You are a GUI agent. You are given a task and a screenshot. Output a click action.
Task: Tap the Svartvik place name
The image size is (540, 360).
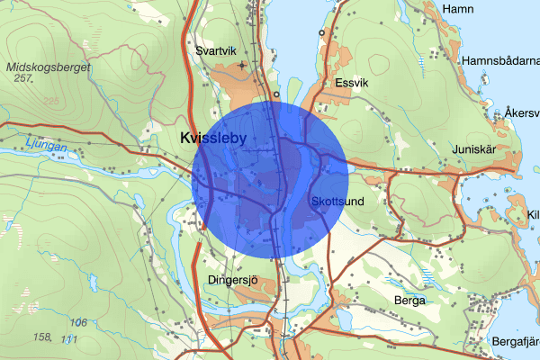pyautogui.click(x=216, y=50)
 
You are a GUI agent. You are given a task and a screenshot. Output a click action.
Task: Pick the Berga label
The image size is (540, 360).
pyautogui.click(x=409, y=301)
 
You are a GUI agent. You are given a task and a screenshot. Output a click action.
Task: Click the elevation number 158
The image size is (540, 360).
pyautogui.click(x=41, y=337)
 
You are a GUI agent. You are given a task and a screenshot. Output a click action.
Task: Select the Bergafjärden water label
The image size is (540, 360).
pyautogui.click(x=515, y=342)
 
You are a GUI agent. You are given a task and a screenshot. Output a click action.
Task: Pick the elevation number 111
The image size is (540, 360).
pyautogui.click(x=69, y=338)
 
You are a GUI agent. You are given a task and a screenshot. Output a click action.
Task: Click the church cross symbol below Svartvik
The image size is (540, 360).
pyautogui.click(x=242, y=67)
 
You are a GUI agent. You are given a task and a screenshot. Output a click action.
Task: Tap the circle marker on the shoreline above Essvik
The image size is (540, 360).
pyautogui.click(x=321, y=32)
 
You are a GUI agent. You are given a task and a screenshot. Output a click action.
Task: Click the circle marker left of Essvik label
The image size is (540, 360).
pyautogui.click(x=277, y=94)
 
